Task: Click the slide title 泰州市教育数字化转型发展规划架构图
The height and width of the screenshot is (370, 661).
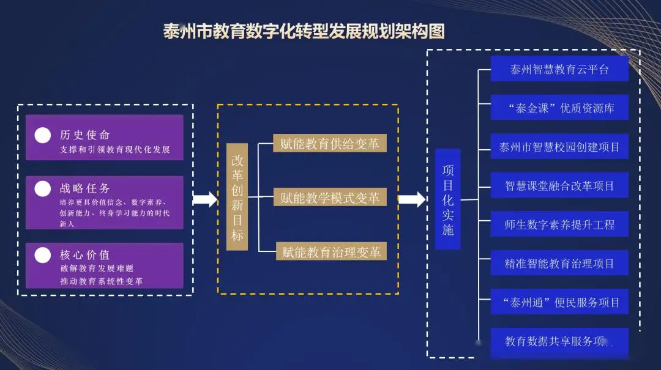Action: (x=304, y=31)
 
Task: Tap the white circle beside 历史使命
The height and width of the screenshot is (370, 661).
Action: (x=43, y=135)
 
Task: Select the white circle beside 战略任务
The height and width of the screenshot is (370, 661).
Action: (x=43, y=189)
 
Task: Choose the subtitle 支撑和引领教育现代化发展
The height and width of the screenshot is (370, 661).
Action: (x=114, y=150)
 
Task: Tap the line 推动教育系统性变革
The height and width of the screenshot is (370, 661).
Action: (x=101, y=281)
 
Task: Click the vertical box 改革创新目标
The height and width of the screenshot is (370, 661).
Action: (x=237, y=197)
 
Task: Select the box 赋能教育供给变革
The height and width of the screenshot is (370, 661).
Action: (x=330, y=144)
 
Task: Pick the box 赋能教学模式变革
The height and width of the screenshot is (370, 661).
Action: (x=330, y=198)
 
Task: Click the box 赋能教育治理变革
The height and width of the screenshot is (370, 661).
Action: (x=330, y=252)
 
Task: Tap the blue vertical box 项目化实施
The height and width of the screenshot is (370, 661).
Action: (x=448, y=199)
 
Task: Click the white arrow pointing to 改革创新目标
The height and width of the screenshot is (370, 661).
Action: (x=205, y=199)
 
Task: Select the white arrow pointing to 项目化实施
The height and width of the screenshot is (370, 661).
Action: (x=412, y=199)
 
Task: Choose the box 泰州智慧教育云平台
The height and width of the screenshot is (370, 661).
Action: (x=559, y=69)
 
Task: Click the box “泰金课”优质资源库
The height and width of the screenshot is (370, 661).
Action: (x=559, y=108)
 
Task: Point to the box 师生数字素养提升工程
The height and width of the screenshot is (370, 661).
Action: (x=559, y=224)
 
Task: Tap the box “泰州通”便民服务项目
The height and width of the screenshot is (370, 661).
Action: (x=559, y=302)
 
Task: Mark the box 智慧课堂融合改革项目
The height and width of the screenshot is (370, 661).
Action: (x=559, y=185)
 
